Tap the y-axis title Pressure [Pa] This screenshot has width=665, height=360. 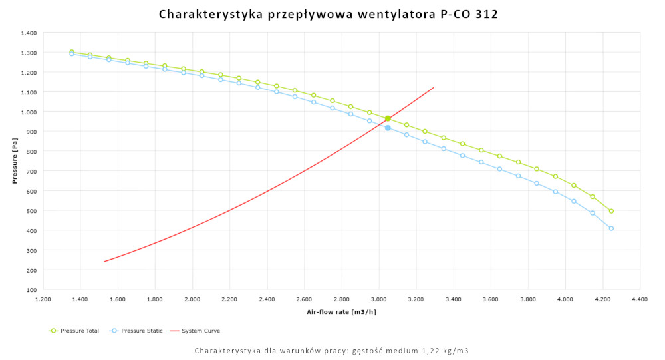coord(14,160)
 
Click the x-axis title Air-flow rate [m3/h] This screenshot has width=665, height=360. coord(341,312)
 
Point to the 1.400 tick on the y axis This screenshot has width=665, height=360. coord(28,33)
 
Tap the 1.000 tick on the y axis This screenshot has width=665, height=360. coord(28,112)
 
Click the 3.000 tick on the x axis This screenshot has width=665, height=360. coord(378,300)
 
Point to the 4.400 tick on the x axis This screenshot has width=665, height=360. coord(640,300)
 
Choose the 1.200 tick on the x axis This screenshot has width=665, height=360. coord(43,300)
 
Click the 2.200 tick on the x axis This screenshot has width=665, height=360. coord(229,300)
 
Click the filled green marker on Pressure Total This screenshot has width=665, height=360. coord(388,118)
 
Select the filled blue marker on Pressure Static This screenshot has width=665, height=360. coord(388,128)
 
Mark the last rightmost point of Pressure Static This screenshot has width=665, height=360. coord(611,228)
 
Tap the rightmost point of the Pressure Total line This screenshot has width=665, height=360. coord(611,211)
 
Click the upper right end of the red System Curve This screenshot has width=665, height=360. coord(434,87)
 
